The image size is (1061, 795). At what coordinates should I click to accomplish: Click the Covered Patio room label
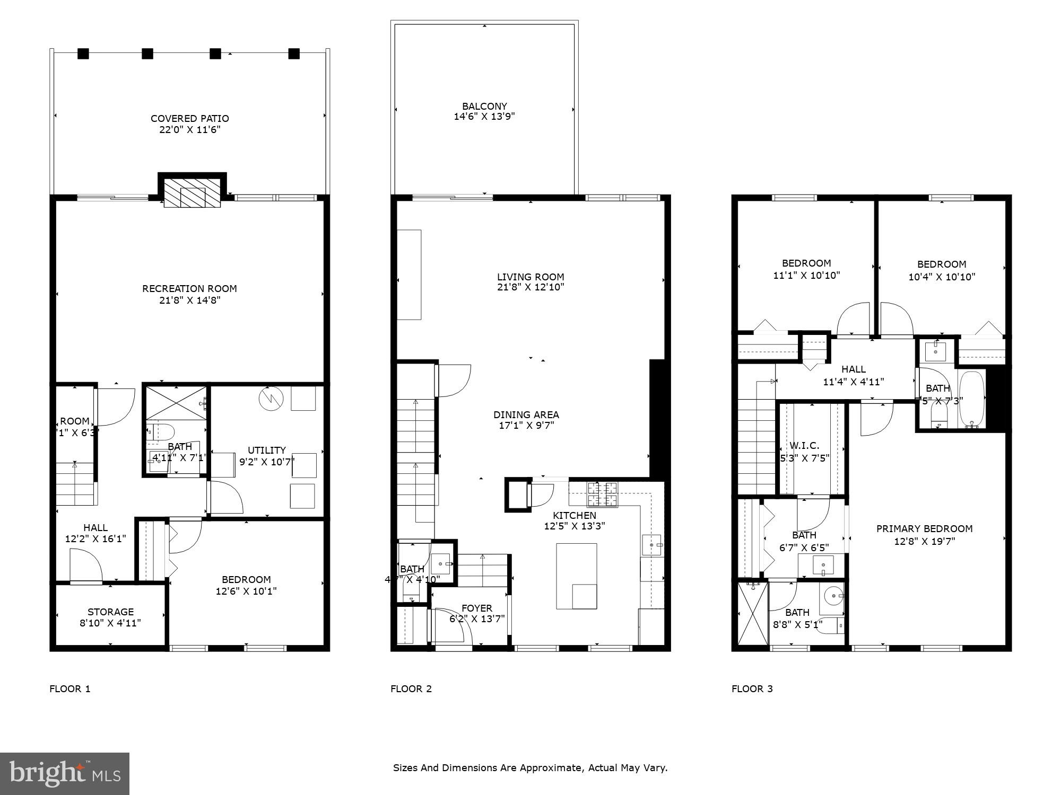click(189, 118)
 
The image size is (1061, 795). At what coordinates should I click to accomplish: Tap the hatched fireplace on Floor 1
click(192, 192)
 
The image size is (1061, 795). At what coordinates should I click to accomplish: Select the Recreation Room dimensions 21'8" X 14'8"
click(189, 301)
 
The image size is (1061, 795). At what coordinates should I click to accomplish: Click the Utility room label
click(266, 450)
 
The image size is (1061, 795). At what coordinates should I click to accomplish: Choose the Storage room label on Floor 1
click(110, 612)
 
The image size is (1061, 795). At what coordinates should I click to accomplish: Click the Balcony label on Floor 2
click(484, 106)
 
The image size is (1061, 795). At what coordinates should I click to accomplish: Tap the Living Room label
click(530, 277)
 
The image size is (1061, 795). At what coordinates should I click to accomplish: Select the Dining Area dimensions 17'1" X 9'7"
click(526, 426)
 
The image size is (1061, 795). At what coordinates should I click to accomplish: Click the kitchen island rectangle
click(576, 576)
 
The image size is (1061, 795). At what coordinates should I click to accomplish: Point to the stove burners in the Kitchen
click(602, 494)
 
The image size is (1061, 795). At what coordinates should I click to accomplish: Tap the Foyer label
click(476, 608)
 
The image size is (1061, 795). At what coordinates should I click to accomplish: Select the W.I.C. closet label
click(804, 446)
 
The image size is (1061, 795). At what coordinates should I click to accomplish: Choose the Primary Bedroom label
click(924, 528)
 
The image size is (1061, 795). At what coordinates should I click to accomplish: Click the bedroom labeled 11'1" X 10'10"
click(806, 269)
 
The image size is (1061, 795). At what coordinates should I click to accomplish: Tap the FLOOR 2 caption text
click(411, 689)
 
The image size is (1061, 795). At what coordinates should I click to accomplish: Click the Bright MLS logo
click(65, 773)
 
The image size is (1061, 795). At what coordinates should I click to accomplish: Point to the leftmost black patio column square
click(83, 54)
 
